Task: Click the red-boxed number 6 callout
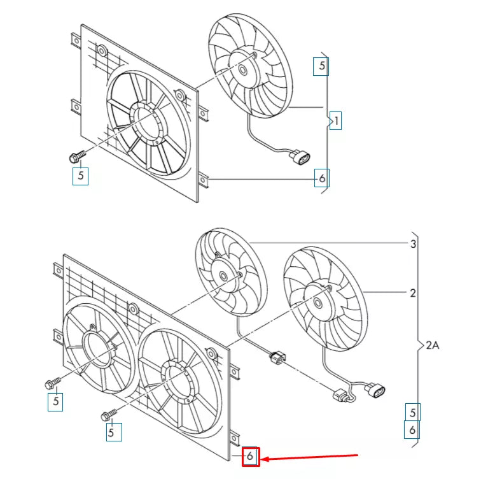(251, 456)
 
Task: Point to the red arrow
(312, 457)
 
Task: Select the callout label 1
(337, 120)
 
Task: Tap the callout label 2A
(433, 345)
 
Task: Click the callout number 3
(413, 244)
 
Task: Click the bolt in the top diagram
(74, 155)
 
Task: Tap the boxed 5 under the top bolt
(80, 175)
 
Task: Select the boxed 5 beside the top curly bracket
(321, 65)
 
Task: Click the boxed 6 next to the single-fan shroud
(321, 178)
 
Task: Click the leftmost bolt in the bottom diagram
(52, 383)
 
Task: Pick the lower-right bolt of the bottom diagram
(108, 416)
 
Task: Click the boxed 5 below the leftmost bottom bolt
(56, 401)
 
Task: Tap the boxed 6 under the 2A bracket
(412, 431)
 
